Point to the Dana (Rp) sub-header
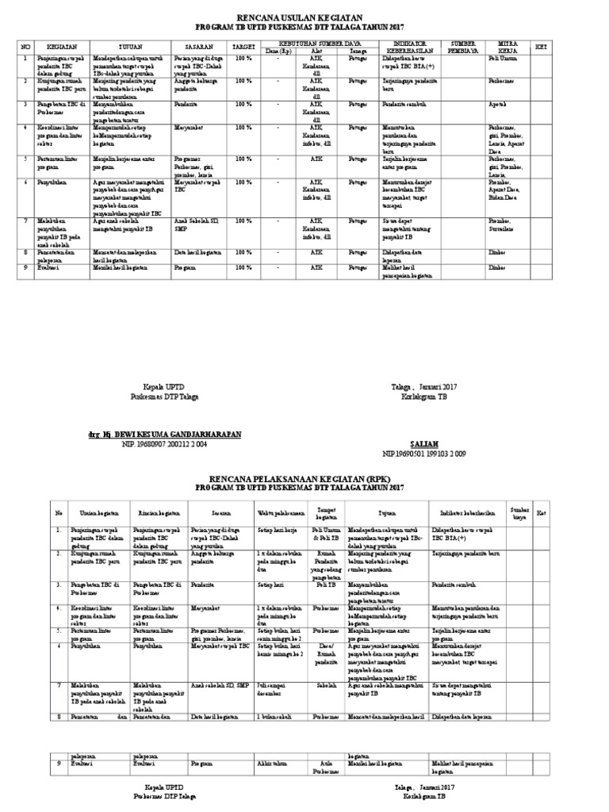278,52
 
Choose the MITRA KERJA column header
507,47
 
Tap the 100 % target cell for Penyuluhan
243,181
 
